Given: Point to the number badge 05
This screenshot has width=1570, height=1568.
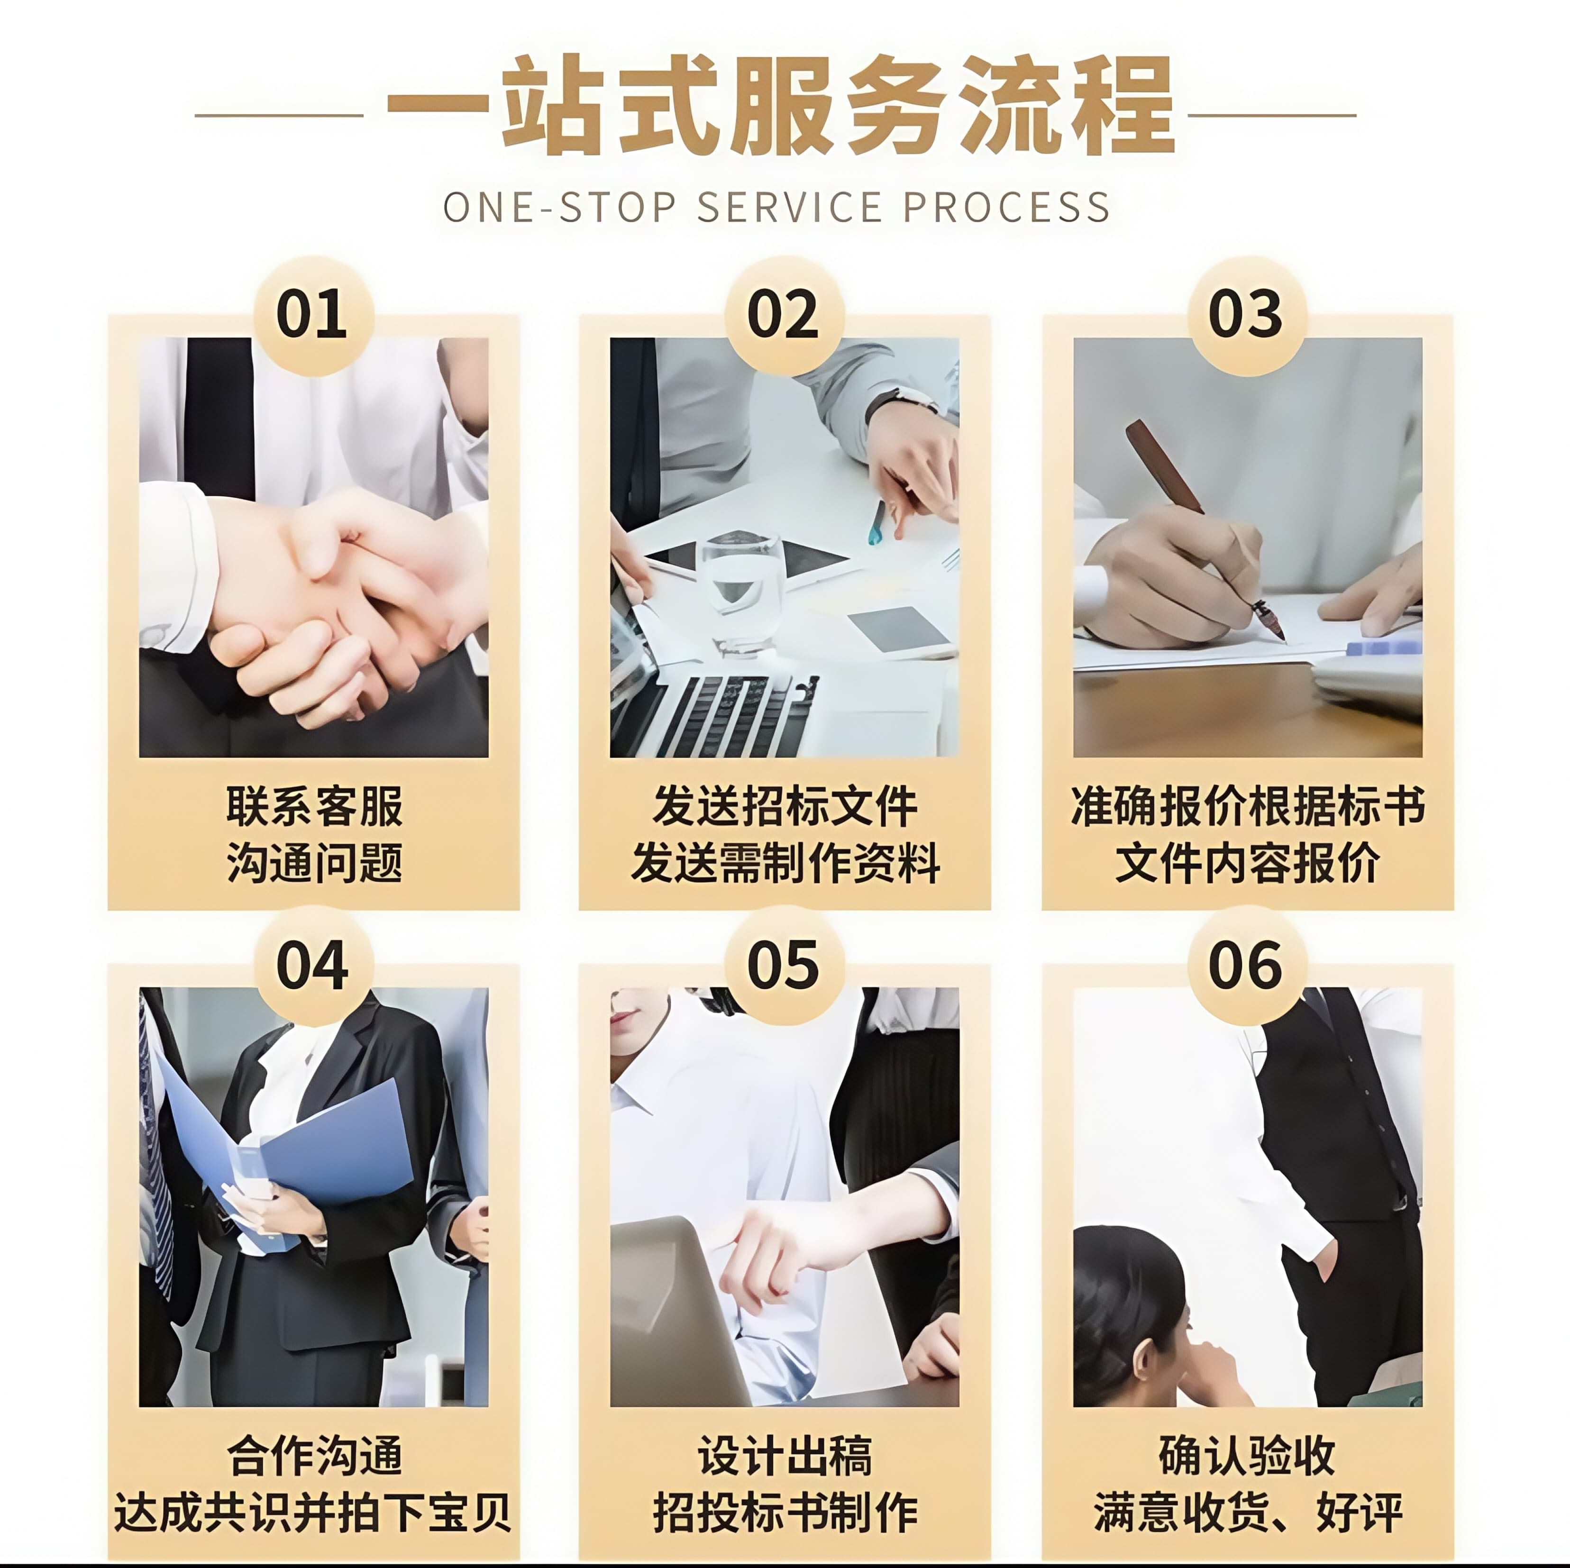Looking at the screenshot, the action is click(784, 965).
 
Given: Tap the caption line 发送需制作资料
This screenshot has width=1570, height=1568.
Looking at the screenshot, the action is click(785, 863).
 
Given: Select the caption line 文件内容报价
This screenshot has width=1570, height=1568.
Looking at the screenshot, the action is click(1247, 863).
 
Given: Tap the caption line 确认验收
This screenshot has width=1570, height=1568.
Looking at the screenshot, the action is click(1247, 1455).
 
